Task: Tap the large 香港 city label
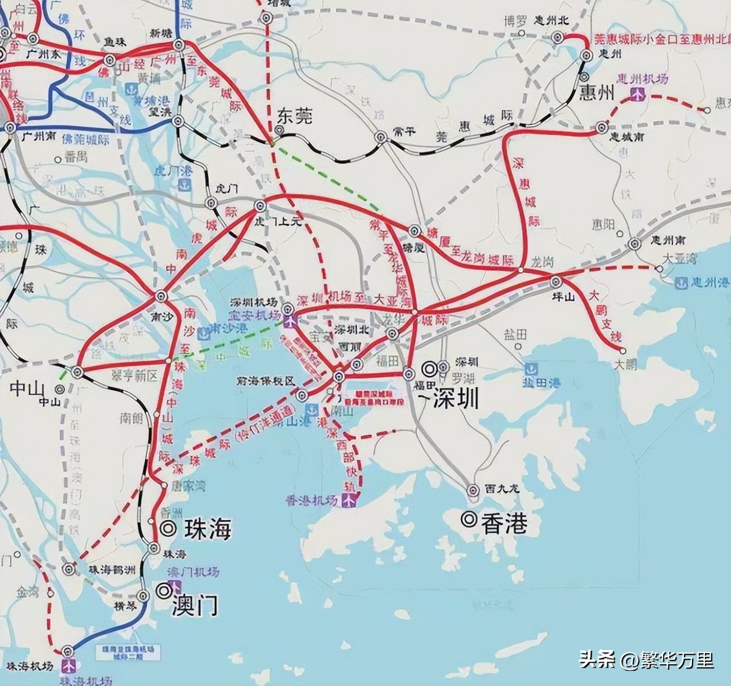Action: (x=504, y=523)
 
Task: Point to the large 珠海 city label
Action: (x=207, y=529)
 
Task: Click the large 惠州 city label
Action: (x=597, y=93)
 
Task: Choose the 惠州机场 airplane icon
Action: (x=638, y=94)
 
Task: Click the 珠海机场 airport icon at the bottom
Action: (x=70, y=663)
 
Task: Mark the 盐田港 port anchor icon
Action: (x=531, y=370)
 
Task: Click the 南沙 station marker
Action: (x=162, y=296)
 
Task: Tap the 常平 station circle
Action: (x=381, y=138)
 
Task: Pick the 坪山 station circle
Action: (x=555, y=281)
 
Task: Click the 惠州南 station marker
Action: (x=635, y=244)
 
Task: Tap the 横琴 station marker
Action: (x=144, y=595)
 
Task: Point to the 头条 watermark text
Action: (x=596, y=660)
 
